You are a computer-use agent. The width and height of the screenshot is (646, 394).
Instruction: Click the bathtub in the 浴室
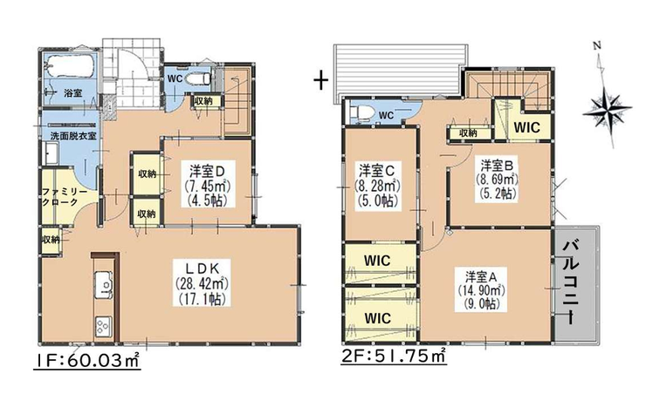click(69, 65)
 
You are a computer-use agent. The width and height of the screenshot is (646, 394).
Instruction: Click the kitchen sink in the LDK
click(104, 284)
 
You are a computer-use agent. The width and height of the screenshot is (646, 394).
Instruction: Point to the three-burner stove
click(103, 327)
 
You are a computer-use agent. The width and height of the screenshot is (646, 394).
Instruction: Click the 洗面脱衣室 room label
click(73, 135)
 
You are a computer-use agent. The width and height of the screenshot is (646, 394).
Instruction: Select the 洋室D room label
click(207, 170)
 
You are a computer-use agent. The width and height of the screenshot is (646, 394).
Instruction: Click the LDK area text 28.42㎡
click(203, 283)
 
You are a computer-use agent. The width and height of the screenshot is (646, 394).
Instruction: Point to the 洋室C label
click(377, 169)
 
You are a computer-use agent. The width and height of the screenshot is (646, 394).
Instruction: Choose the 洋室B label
click(498, 166)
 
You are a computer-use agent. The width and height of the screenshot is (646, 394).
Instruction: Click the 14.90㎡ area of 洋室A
click(481, 289)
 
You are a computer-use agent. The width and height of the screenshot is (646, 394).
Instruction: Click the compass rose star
click(607, 110)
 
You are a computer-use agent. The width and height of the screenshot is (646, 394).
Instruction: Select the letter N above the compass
click(597, 45)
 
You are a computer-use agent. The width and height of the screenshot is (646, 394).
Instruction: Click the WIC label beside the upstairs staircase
click(526, 127)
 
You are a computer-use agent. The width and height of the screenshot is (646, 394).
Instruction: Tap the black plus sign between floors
click(320, 80)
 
